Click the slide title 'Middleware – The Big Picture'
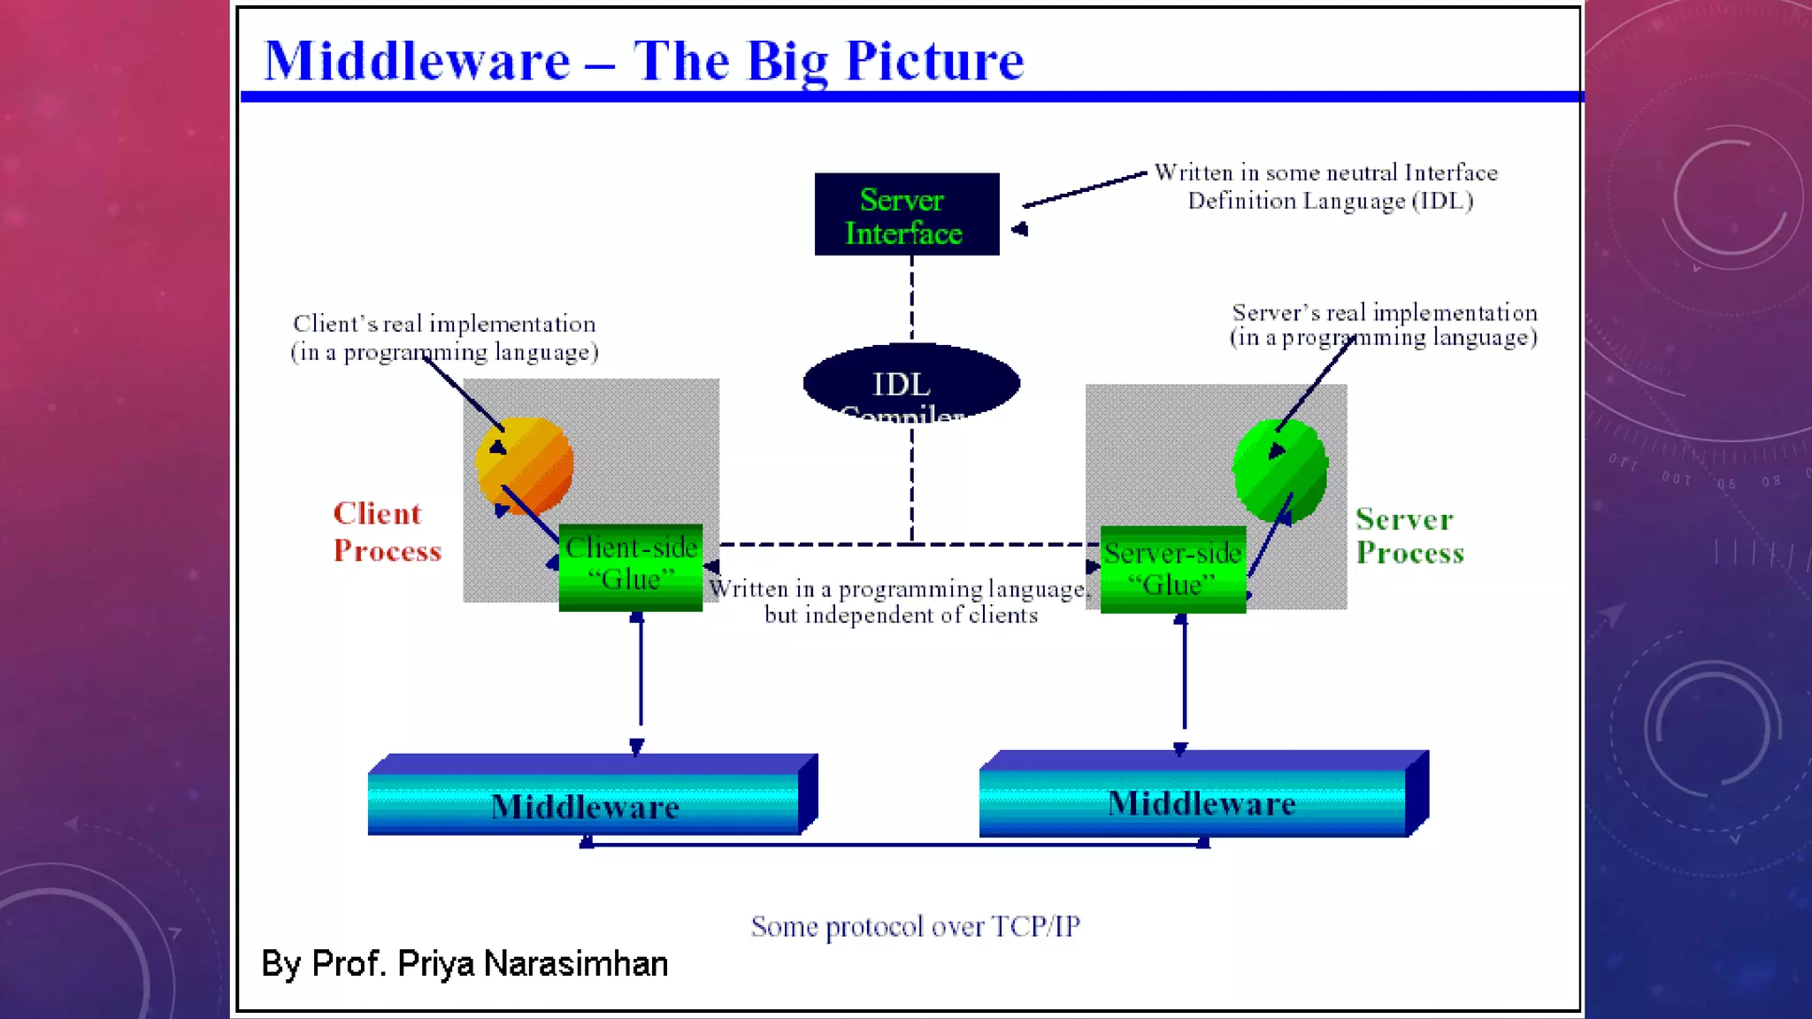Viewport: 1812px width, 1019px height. coord(643,61)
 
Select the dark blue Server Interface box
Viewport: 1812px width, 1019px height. coord(906,215)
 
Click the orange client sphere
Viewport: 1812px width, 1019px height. coord(525,465)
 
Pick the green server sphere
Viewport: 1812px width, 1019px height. coord(1280,470)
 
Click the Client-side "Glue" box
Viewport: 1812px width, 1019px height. coord(631,567)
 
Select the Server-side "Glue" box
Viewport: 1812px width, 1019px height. coord(1172,570)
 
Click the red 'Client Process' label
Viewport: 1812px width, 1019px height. coord(387,532)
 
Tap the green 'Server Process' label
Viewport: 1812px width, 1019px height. coord(1409,536)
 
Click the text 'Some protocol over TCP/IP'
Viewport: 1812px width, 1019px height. coord(915,926)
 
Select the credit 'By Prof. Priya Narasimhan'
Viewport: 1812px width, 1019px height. coord(465,963)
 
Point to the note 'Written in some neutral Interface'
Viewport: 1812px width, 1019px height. coord(1325,172)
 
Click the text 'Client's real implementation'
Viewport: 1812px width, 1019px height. coord(444,324)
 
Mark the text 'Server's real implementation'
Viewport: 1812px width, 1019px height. coord(1384,312)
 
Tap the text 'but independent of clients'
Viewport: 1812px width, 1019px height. coord(901,615)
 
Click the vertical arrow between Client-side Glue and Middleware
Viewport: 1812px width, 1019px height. coord(640,681)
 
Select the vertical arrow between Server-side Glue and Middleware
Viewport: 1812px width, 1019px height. coord(1183,681)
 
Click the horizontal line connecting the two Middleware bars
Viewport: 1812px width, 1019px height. coord(894,845)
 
